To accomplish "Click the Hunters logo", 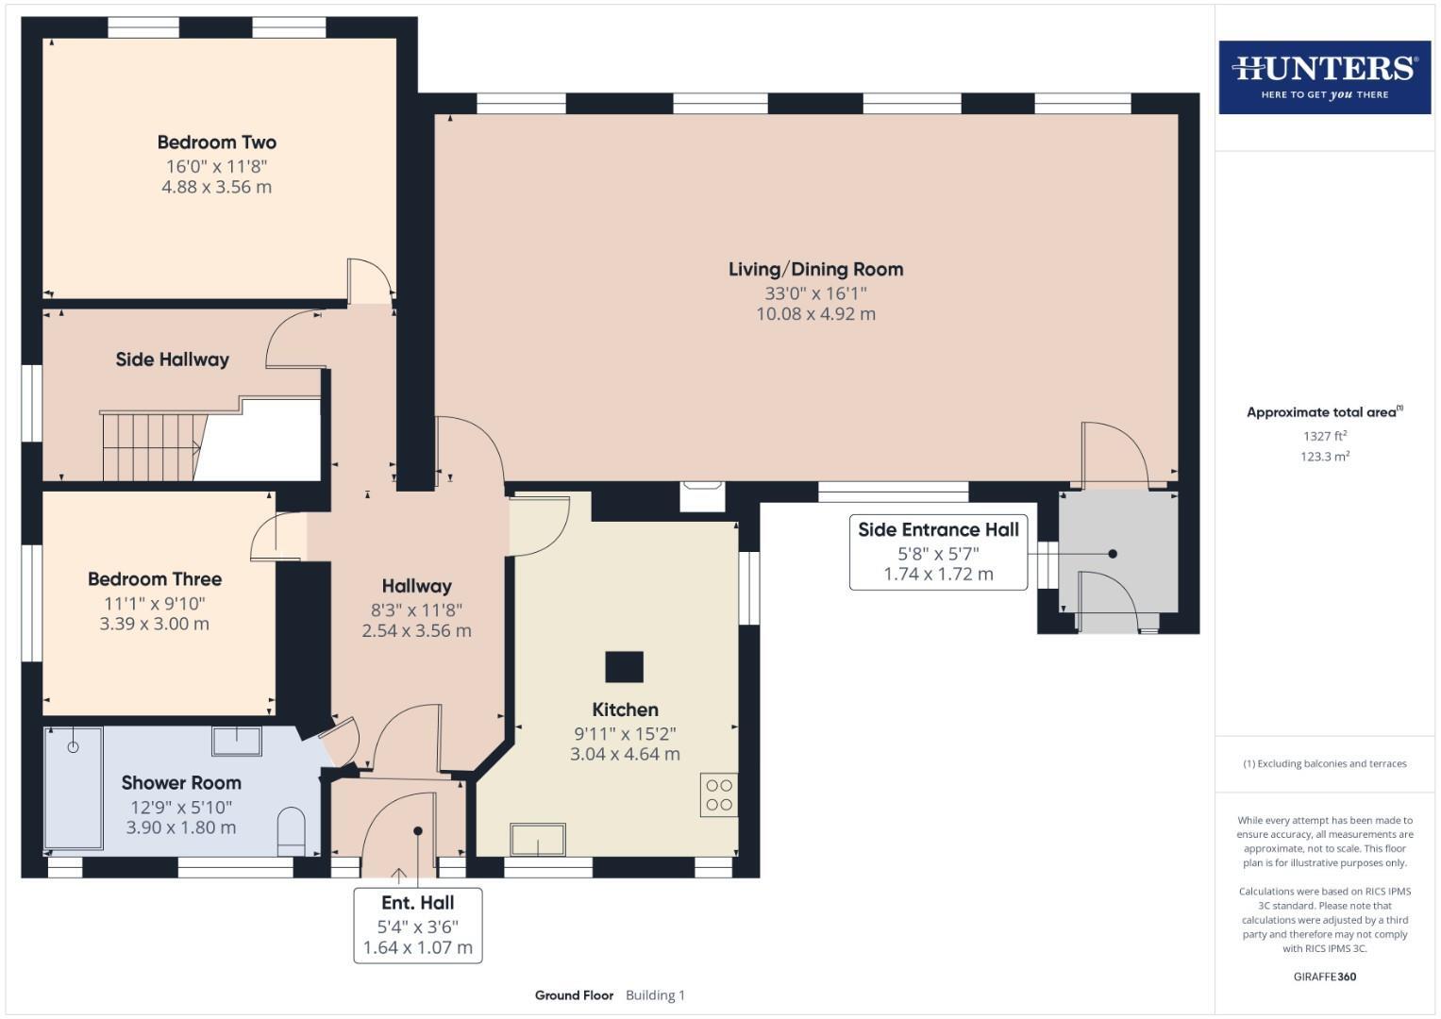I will [1324, 76].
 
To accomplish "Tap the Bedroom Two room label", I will [216, 142].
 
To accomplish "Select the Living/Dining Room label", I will [815, 269].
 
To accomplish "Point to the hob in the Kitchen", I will [718, 794].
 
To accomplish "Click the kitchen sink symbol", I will [538, 839].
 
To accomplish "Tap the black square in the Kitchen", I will [624, 667].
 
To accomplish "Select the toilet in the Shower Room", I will [292, 831].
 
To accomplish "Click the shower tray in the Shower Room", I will [74, 789].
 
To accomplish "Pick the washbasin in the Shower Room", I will [236, 741].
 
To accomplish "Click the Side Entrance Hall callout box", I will [938, 552].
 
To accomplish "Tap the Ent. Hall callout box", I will [417, 925].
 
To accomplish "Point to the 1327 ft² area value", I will [1324, 436].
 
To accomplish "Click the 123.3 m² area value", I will [1324, 457].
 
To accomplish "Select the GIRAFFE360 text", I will [1324, 977].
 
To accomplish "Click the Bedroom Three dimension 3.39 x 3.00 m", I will [155, 624].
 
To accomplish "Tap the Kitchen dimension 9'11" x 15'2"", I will [625, 733].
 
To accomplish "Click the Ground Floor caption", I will [574, 995].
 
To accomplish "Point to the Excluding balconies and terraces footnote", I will [1324, 763].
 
